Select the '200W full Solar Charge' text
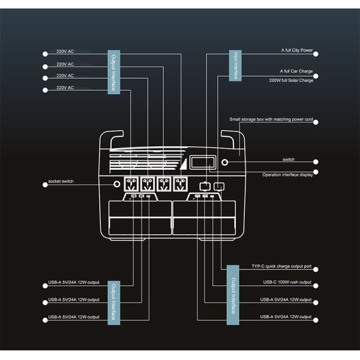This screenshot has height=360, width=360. [x=291, y=80]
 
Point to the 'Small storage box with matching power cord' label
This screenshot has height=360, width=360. [x=272, y=119]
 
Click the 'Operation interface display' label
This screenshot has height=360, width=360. [x=287, y=175]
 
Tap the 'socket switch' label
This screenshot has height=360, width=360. [x=61, y=181]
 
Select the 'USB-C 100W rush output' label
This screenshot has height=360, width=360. [x=287, y=282]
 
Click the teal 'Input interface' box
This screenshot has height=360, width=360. [x=236, y=65]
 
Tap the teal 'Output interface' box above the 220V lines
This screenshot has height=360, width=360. [x=114, y=71]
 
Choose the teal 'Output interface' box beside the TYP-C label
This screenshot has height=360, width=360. [x=233, y=298]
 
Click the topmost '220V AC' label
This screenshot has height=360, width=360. [x=65, y=52]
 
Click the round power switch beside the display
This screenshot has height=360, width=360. [x=225, y=162]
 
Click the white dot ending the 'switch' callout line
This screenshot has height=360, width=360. [x=316, y=161]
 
